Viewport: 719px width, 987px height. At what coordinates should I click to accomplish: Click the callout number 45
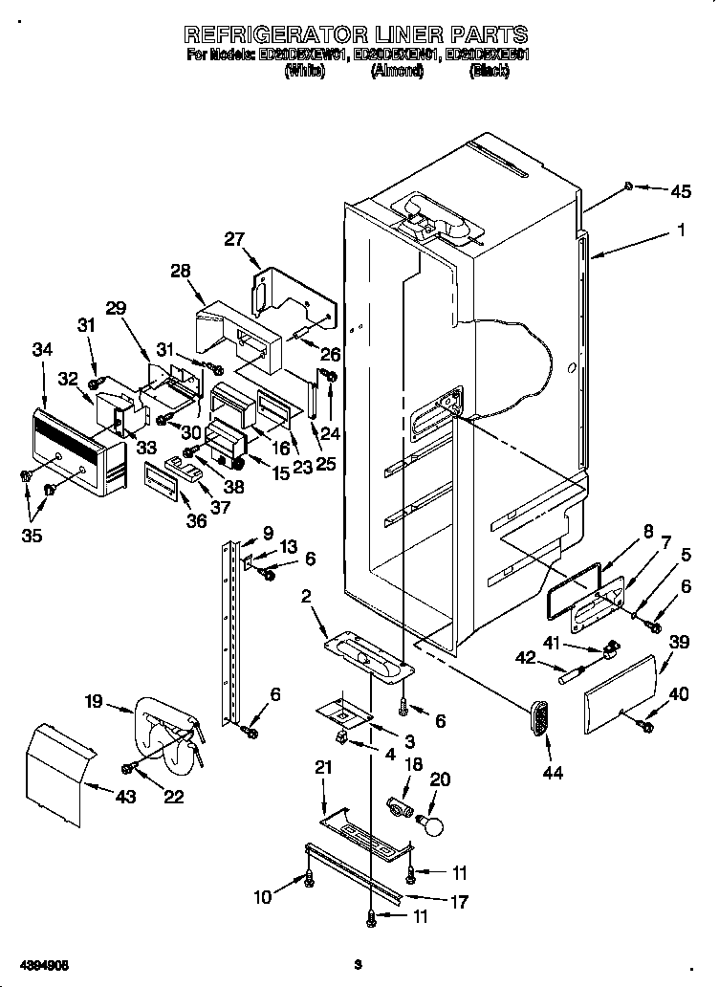680,191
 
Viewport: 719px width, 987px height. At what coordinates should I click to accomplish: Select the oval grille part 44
541,717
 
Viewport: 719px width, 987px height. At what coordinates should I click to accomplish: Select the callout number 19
93,702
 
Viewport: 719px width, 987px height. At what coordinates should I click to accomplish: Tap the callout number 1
680,230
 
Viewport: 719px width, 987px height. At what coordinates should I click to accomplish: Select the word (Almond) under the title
397,72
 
